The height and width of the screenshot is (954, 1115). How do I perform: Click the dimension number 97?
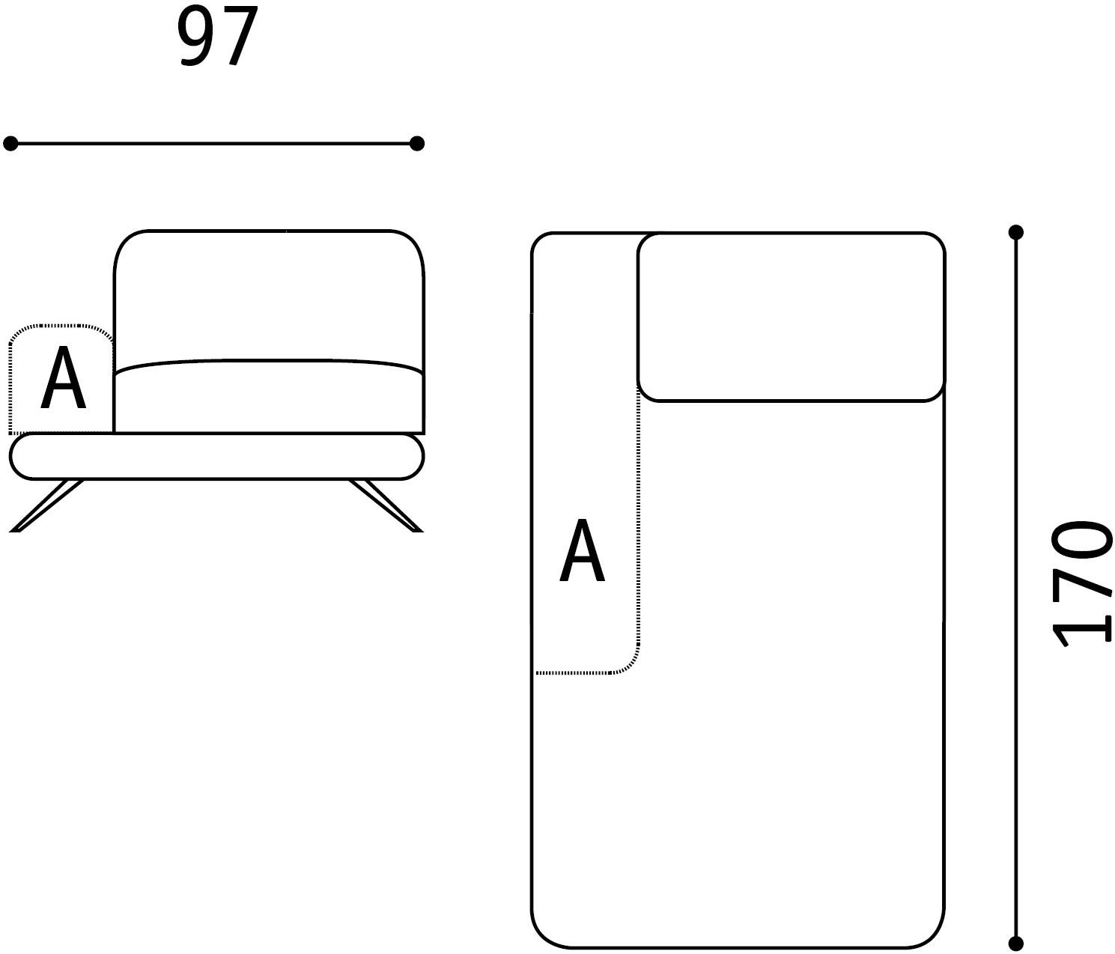tap(217, 36)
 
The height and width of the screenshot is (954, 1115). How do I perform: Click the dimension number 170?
tap(1082, 583)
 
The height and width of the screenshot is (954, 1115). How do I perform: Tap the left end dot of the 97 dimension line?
tap(10, 144)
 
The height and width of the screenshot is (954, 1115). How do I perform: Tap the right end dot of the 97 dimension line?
tap(417, 144)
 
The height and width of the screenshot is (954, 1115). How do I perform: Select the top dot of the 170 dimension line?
tap(1015, 233)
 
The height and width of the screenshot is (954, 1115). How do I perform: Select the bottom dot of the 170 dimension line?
tap(1015, 944)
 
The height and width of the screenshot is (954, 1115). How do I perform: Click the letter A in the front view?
tap(63, 377)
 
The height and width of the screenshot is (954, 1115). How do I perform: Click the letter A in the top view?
tap(582, 550)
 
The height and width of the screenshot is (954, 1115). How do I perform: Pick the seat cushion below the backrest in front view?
tap(269, 396)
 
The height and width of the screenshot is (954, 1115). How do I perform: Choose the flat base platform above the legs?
tap(217, 456)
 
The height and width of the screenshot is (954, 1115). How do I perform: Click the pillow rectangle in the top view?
tap(791, 318)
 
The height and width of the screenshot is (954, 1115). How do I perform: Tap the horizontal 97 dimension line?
tap(213, 144)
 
